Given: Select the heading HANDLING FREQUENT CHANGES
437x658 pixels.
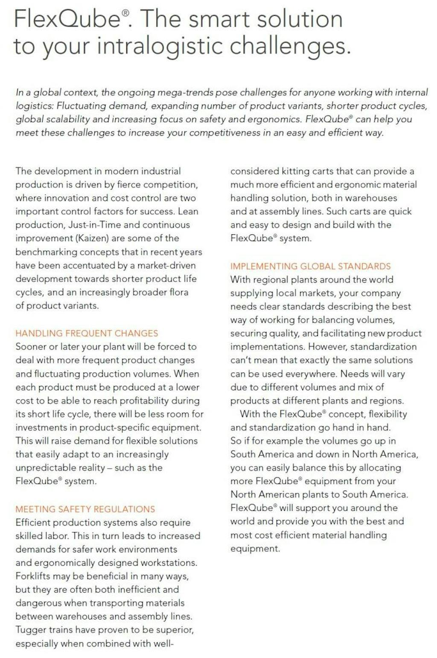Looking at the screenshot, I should (87, 333).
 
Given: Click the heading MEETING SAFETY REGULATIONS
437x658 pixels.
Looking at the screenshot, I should (85, 509).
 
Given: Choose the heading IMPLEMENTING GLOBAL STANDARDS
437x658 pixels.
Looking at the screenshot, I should (310, 266).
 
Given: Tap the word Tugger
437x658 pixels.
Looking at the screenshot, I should (30, 630).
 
